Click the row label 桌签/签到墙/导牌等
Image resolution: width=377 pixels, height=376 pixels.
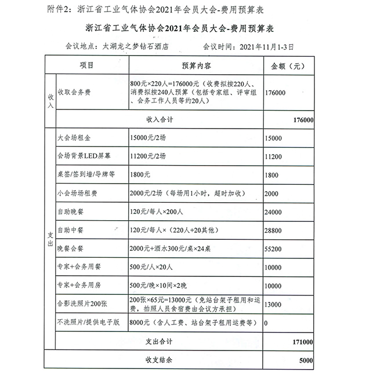(x=86, y=175)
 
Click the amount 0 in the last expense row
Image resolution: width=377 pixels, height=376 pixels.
(x=266, y=323)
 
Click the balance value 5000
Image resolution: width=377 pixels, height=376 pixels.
(x=305, y=360)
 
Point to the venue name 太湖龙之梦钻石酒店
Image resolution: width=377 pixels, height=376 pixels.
(x=137, y=46)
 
